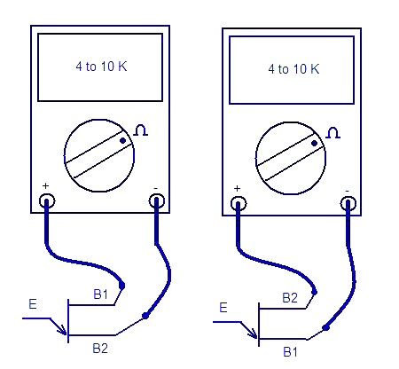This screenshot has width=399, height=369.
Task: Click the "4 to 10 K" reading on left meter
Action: [x=101, y=67]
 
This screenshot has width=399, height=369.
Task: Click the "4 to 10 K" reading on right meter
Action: [x=293, y=69]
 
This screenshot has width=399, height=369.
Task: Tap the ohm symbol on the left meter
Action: [x=141, y=130]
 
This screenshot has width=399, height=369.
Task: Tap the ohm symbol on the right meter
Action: [x=333, y=133]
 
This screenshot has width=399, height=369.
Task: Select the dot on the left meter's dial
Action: [x=123, y=141]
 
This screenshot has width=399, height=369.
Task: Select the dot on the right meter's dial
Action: [x=315, y=144]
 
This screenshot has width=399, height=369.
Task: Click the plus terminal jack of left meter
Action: [x=47, y=201]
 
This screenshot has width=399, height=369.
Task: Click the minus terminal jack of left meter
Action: [x=157, y=201]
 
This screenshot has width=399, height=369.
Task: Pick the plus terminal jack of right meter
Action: [x=239, y=204]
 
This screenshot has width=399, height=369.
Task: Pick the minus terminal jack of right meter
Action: [x=348, y=204]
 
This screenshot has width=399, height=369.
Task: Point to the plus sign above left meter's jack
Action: [x=45, y=185]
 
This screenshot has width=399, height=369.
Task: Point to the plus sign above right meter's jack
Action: [x=237, y=188]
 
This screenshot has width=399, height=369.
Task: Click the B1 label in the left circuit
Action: [x=101, y=294]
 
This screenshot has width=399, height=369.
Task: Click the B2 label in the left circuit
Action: [x=100, y=349]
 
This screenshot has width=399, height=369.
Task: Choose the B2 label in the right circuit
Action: [x=290, y=298]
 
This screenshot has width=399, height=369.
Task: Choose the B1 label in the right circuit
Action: [x=291, y=352]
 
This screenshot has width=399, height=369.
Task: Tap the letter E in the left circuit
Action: [x=33, y=304]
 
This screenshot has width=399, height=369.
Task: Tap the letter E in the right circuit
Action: [x=223, y=308]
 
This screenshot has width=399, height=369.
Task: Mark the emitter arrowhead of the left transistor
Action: [x=63, y=331]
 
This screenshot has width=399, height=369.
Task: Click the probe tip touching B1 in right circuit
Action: [x=325, y=327]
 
